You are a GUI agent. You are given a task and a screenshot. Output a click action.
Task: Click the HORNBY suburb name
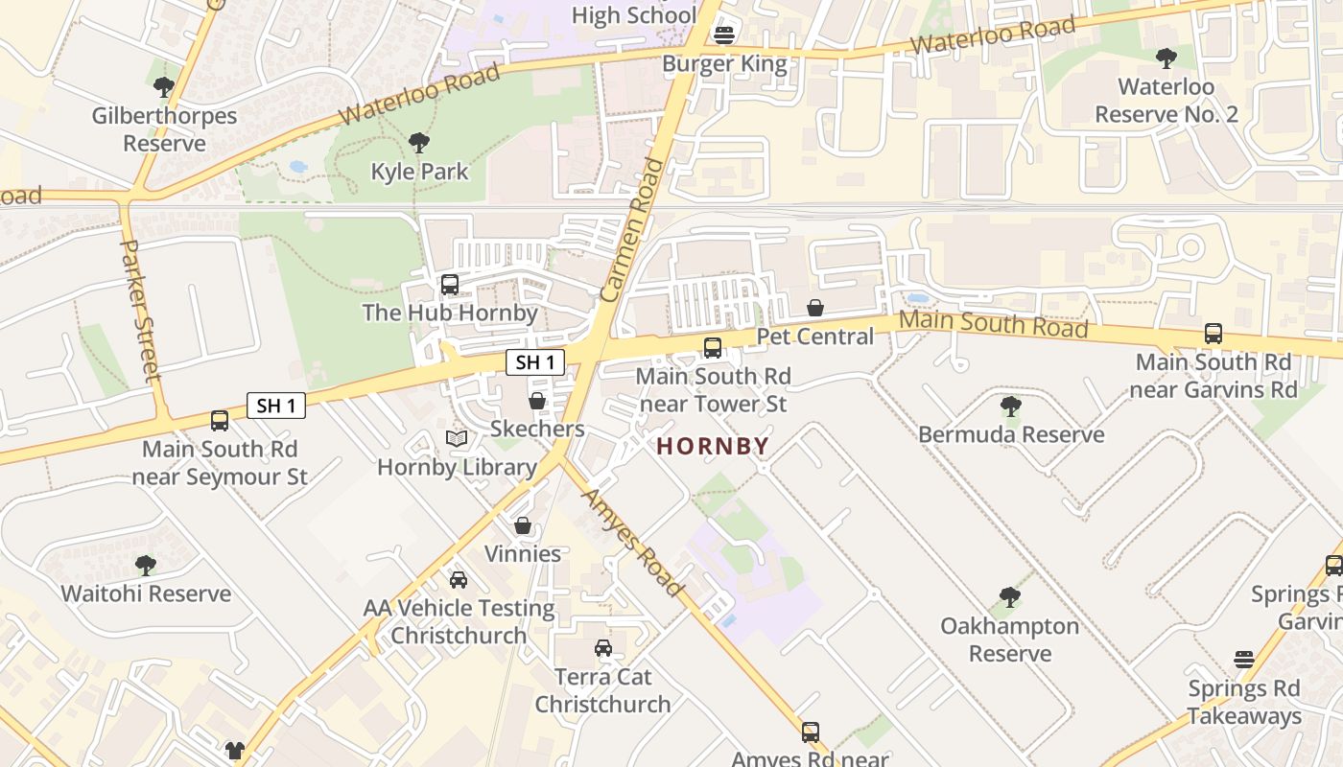pos(713,446)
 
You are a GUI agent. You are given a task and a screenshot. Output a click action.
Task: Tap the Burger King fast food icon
pos(724,35)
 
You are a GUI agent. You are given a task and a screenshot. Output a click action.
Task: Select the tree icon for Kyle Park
pos(418,144)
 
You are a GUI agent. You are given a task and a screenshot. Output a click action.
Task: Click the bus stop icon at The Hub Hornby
pos(449,285)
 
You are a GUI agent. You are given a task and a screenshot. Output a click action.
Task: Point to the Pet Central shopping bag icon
pos(814,308)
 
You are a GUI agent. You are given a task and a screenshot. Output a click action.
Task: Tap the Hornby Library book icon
pos(457,439)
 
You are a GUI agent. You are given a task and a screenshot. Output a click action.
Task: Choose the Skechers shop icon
pos(537,400)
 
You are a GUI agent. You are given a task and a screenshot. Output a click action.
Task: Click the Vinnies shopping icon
pos(523,525)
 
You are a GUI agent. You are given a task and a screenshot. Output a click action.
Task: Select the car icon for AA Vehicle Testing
pos(459,580)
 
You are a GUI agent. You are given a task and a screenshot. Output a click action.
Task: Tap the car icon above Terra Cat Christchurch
pos(602,648)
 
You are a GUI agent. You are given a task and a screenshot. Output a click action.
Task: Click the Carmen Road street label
pos(632,231)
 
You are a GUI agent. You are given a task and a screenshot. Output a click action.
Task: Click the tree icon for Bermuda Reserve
pos(1010,406)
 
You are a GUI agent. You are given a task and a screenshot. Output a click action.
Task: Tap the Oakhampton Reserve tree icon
pos(1009,597)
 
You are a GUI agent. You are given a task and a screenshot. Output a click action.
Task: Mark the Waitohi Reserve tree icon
pos(146,565)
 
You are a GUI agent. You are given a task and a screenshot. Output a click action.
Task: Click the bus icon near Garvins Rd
pos(1213,334)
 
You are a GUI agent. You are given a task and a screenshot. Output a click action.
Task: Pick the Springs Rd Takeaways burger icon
pos(1244,660)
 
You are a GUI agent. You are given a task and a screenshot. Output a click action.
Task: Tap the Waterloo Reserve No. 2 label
pos(1166,101)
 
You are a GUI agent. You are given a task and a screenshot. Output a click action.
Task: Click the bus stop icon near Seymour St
pos(220,420)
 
